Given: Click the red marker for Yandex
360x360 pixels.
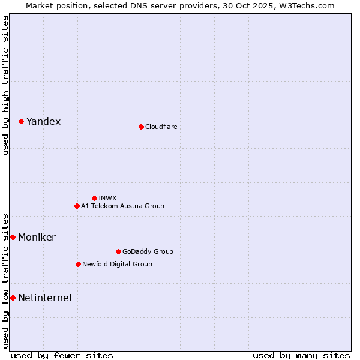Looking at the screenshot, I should (21, 121).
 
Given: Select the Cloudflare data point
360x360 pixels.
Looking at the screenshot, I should (141, 127).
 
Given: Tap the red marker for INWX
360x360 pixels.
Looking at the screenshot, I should (94, 198).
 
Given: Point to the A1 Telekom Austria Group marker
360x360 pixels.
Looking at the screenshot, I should (77, 206).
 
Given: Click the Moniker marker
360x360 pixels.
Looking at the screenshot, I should (13, 237).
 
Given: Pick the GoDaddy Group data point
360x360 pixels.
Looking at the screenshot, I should (118, 251).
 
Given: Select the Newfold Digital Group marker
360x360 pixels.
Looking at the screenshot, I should (78, 264).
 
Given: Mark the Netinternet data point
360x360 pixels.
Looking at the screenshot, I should (13, 298).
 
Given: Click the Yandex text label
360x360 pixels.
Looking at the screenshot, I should (43, 122).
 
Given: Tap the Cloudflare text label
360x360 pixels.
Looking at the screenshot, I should (161, 127).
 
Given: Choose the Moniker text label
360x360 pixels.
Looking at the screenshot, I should (37, 238).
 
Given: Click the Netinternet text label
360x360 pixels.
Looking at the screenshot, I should (45, 298).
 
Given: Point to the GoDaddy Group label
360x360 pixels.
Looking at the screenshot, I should (147, 251).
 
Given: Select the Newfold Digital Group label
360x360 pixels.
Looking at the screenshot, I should (117, 264).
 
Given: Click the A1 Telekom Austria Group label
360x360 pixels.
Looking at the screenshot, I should (122, 206).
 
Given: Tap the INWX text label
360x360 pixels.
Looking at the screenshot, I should (107, 198).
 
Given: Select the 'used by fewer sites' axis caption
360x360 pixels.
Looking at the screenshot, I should (62, 355).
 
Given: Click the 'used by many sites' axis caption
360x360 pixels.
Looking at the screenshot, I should (301, 355).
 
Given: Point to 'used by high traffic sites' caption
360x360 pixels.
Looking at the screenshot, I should (5, 85).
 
